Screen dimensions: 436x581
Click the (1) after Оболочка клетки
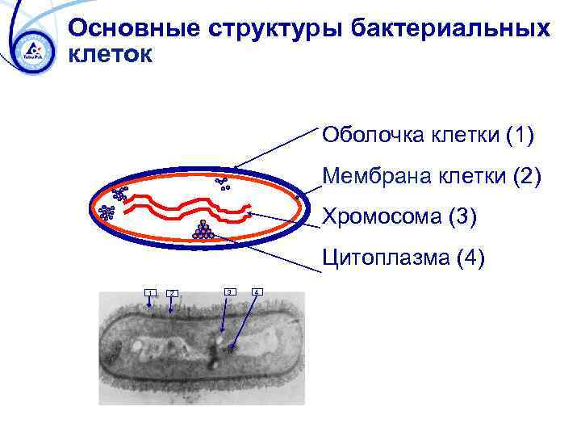[x=519, y=134]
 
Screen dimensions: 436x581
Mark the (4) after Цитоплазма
[x=469, y=258]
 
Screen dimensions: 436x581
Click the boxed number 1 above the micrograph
[x=149, y=292]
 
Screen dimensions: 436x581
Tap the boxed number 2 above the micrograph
[x=172, y=292]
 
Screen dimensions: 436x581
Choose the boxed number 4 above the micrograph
[x=257, y=291]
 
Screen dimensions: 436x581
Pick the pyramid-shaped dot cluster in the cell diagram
[x=203, y=231]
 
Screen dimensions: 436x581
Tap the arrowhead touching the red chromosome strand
[x=249, y=214]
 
